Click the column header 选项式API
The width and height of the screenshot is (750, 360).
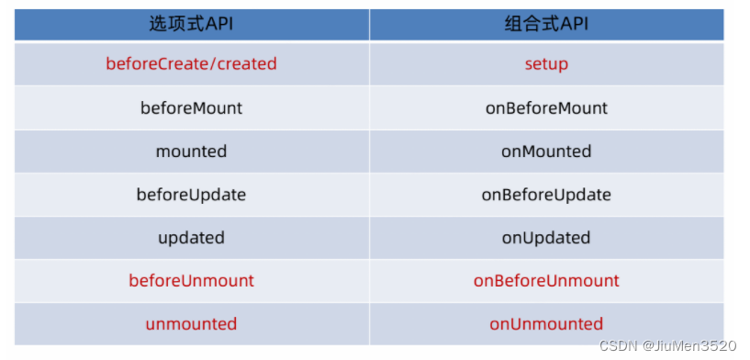coord(191,24)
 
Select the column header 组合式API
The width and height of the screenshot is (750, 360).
coord(546,24)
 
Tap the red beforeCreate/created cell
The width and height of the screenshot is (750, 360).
coord(191,63)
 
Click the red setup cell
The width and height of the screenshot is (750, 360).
coord(546,64)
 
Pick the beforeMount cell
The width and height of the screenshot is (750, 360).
coord(191,107)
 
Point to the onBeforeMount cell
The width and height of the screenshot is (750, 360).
coord(546,107)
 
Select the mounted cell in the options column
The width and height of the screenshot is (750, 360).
coord(191,152)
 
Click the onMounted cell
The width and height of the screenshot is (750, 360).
coord(546,152)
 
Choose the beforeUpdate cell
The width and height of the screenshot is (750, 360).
coord(191,195)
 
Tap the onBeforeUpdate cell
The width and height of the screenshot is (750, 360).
coord(546,195)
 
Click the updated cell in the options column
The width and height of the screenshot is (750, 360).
coord(191,238)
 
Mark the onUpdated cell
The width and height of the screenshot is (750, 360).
coord(546,238)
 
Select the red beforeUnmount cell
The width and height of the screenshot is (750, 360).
coord(191,280)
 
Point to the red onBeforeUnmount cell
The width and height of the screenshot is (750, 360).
coord(546,280)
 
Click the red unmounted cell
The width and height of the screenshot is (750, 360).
coord(191,324)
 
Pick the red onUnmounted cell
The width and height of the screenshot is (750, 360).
coord(546,324)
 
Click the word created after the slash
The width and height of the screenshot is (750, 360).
coord(247,63)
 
